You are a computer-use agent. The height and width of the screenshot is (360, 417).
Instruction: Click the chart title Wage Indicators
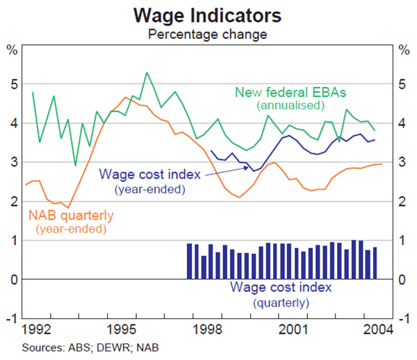point(208,14)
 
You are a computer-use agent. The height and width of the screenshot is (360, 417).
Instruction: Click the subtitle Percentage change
point(208,32)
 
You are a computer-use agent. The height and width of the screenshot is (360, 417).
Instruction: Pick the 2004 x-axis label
point(375,327)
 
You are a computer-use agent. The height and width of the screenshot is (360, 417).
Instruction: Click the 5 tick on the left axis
point(13,84)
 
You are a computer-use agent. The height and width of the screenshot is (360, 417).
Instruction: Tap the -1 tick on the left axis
point(11,318)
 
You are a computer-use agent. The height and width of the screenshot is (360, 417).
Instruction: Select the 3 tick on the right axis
point(404,163)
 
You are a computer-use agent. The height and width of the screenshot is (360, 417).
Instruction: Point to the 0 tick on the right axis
point(404,279)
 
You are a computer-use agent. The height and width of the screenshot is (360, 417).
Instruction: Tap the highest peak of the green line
point(147,72)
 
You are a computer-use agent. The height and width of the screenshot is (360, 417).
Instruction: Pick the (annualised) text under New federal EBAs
point(291,106)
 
